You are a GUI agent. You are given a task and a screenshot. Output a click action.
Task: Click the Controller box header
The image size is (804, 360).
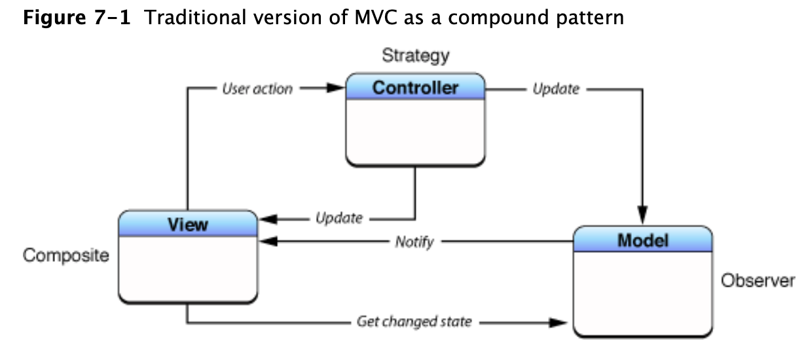tap(415, 88)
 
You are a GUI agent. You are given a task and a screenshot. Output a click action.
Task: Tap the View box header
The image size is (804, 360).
tap(188, 224)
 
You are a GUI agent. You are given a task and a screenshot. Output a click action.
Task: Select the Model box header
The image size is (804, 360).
tap(642, 240)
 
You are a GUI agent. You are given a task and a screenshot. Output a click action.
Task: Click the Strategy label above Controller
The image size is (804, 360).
tap(416, 56)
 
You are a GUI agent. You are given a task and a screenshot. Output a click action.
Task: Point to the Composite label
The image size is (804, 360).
tap(66, 255)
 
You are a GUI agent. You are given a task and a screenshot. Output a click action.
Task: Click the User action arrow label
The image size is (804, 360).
tap(257, 89)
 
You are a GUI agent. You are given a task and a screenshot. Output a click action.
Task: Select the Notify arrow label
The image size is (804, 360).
tap(414, 242)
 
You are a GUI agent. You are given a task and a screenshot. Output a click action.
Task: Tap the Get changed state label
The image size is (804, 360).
tap(414, 322)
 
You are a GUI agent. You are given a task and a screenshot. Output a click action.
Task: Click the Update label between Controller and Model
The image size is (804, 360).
tap(556, 89)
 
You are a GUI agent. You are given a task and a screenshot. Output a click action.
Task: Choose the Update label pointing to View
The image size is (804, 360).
tap(338, 219)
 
